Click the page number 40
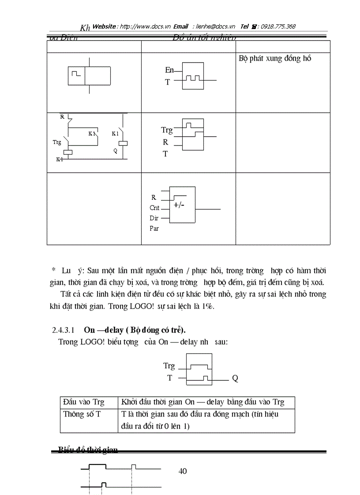click(x=183, y=471)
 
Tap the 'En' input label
click(x=169, y=70)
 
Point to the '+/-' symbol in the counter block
click(x=179, y=205)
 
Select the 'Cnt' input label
click(x=154, y=208)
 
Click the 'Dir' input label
click(x=154, y=218)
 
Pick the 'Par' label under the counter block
click(x=154, y=228)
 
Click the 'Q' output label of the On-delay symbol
click(x=235, y=378)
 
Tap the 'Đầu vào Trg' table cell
click(x=83, y=402)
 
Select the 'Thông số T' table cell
click(x=82, y=414)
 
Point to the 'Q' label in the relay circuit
click(x=115, y=150)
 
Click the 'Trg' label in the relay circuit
click(x=57, y=142)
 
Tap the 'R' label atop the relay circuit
click(x=62, y=117)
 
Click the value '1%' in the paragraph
click(x=207, y=307)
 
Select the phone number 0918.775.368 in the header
click(x=278, y=26)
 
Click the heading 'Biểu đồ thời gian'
click(x=88, y=450)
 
